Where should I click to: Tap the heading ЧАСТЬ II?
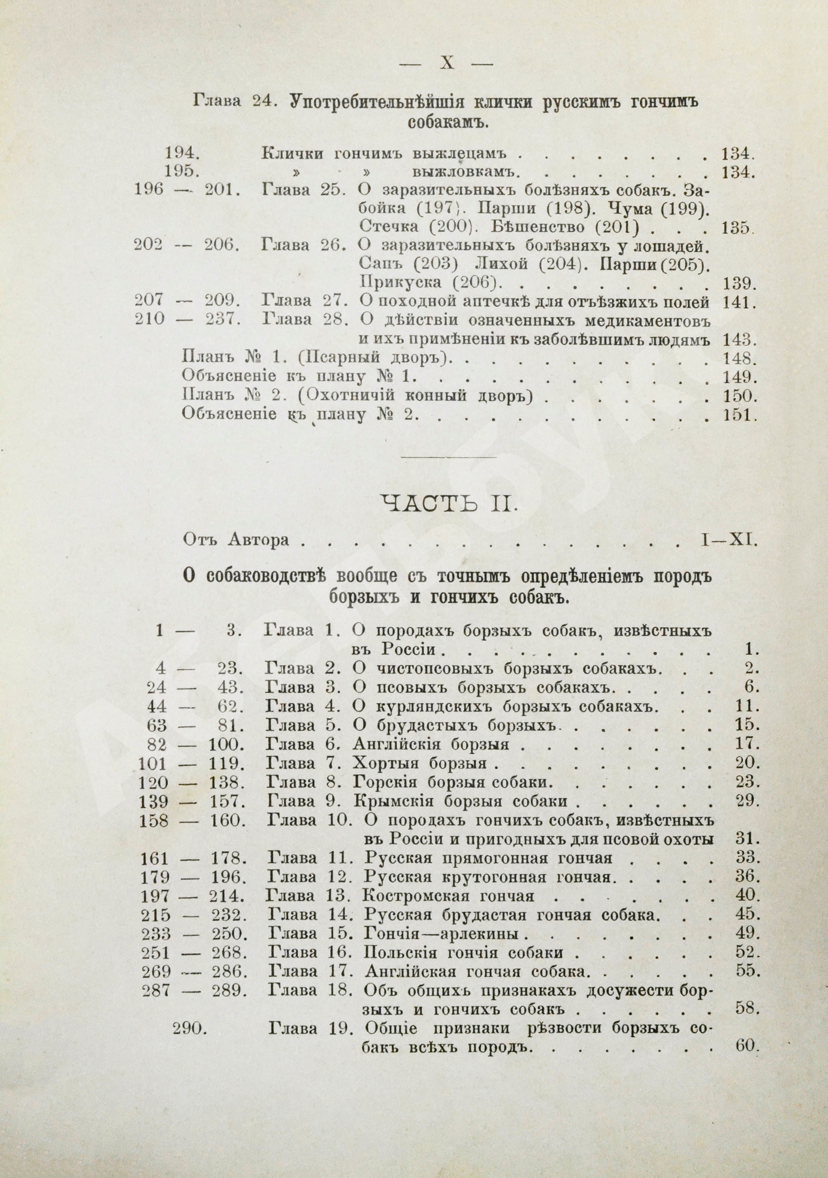pyautogui.click(x=450, y=505)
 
